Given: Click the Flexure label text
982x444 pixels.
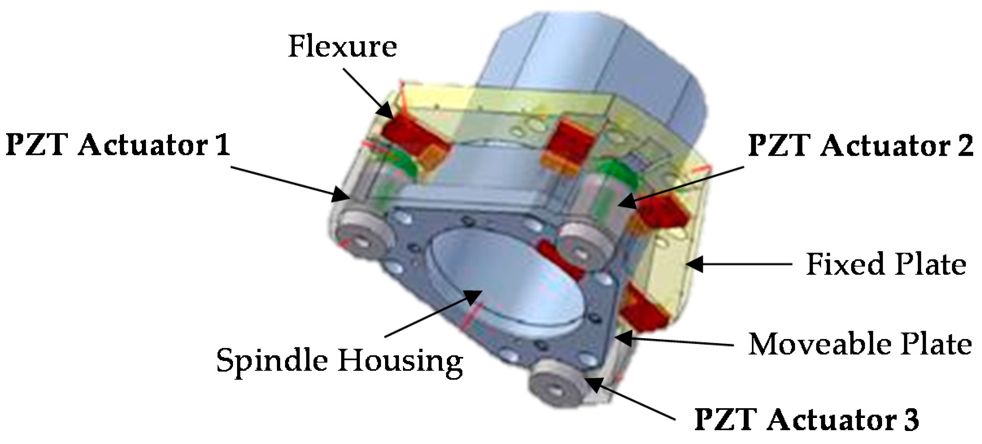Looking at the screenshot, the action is point(342,47).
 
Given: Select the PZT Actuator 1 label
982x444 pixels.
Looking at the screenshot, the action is point(118,145).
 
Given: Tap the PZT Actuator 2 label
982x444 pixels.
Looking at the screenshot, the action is point(860,146).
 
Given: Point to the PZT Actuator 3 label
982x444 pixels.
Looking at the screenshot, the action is point(806,419).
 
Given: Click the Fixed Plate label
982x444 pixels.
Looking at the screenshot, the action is point(886,264).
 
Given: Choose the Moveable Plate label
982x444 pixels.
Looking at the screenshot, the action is point(860,344).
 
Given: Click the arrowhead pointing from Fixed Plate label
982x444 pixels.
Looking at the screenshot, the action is point(694,264).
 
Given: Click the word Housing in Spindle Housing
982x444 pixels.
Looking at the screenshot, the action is point(400,361).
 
